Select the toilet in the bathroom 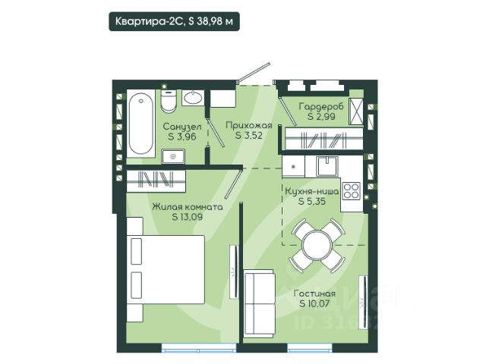click(x=169, y=101)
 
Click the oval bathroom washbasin click(x=193, y=98)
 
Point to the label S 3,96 click(x=182, y=136)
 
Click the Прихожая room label click(x=249, y=126)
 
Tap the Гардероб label click(x=321, y=106)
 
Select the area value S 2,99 click(x=321, y=116)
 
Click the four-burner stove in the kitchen click(x=352, y=190)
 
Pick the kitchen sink click(x=327, y=165)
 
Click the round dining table click(x=317, y=246)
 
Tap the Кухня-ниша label click(x=311, y=191)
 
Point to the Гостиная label click(x=314, y=293)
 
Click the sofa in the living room click(x=260, y=303)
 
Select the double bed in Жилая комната click(x=166, y=269)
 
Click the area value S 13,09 click(x=188, y=217)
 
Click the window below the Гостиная click(x=310, y=347)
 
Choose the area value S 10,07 click(x=314, y=303)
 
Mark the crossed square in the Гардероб click(x=356, y=111)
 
